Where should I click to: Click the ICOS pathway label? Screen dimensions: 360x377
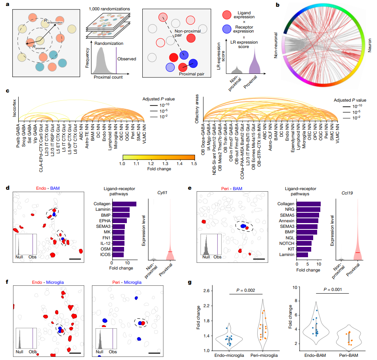(104, 255)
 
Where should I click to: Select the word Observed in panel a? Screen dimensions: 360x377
(126, 59)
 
